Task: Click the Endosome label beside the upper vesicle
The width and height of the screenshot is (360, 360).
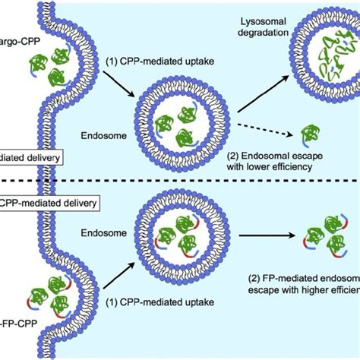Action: click(100, 138)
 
